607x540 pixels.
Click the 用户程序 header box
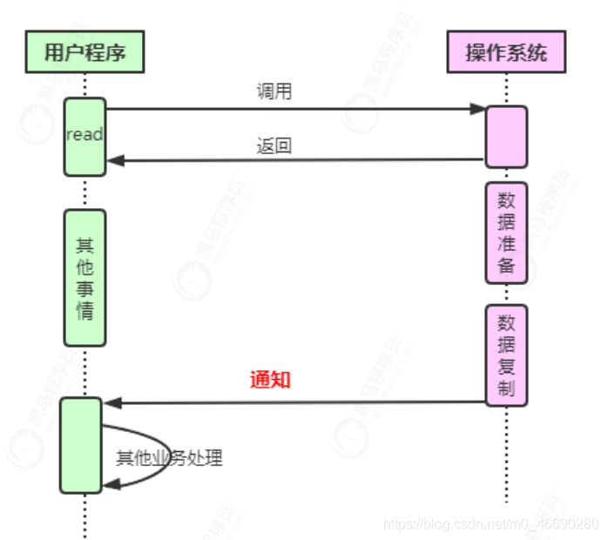84,51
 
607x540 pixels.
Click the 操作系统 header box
506,51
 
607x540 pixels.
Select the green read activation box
84,136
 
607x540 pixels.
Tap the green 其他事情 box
84,277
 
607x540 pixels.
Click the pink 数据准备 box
506,233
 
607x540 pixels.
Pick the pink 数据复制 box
506,354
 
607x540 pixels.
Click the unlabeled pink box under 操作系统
506,136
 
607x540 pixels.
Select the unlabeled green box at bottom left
81,445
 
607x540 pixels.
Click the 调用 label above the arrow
274,92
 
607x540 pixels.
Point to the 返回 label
273,145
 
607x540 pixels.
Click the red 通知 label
270,380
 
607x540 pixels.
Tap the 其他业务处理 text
170,457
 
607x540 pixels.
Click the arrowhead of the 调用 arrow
478,109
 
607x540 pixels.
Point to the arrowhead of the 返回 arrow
114,160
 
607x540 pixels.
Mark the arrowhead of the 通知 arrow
111,402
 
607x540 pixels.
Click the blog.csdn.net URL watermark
491,524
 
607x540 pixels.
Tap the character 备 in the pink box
506,266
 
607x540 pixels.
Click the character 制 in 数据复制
506,388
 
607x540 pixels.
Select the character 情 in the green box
84,310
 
